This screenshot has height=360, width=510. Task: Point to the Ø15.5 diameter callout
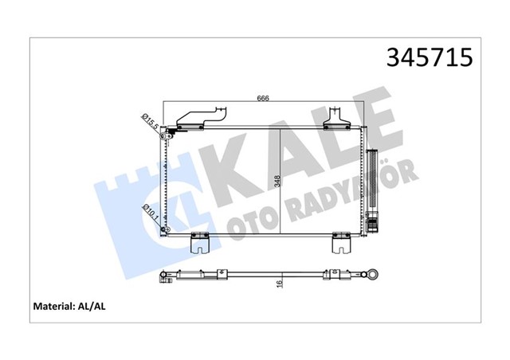[x=148, y=121]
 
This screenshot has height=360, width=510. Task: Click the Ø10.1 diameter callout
[x=147, y=213]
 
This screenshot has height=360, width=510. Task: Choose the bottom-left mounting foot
[x=199, y=243]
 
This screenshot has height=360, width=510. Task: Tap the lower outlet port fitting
[x=165, y=230]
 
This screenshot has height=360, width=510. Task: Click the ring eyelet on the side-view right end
[x=371, y=277]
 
